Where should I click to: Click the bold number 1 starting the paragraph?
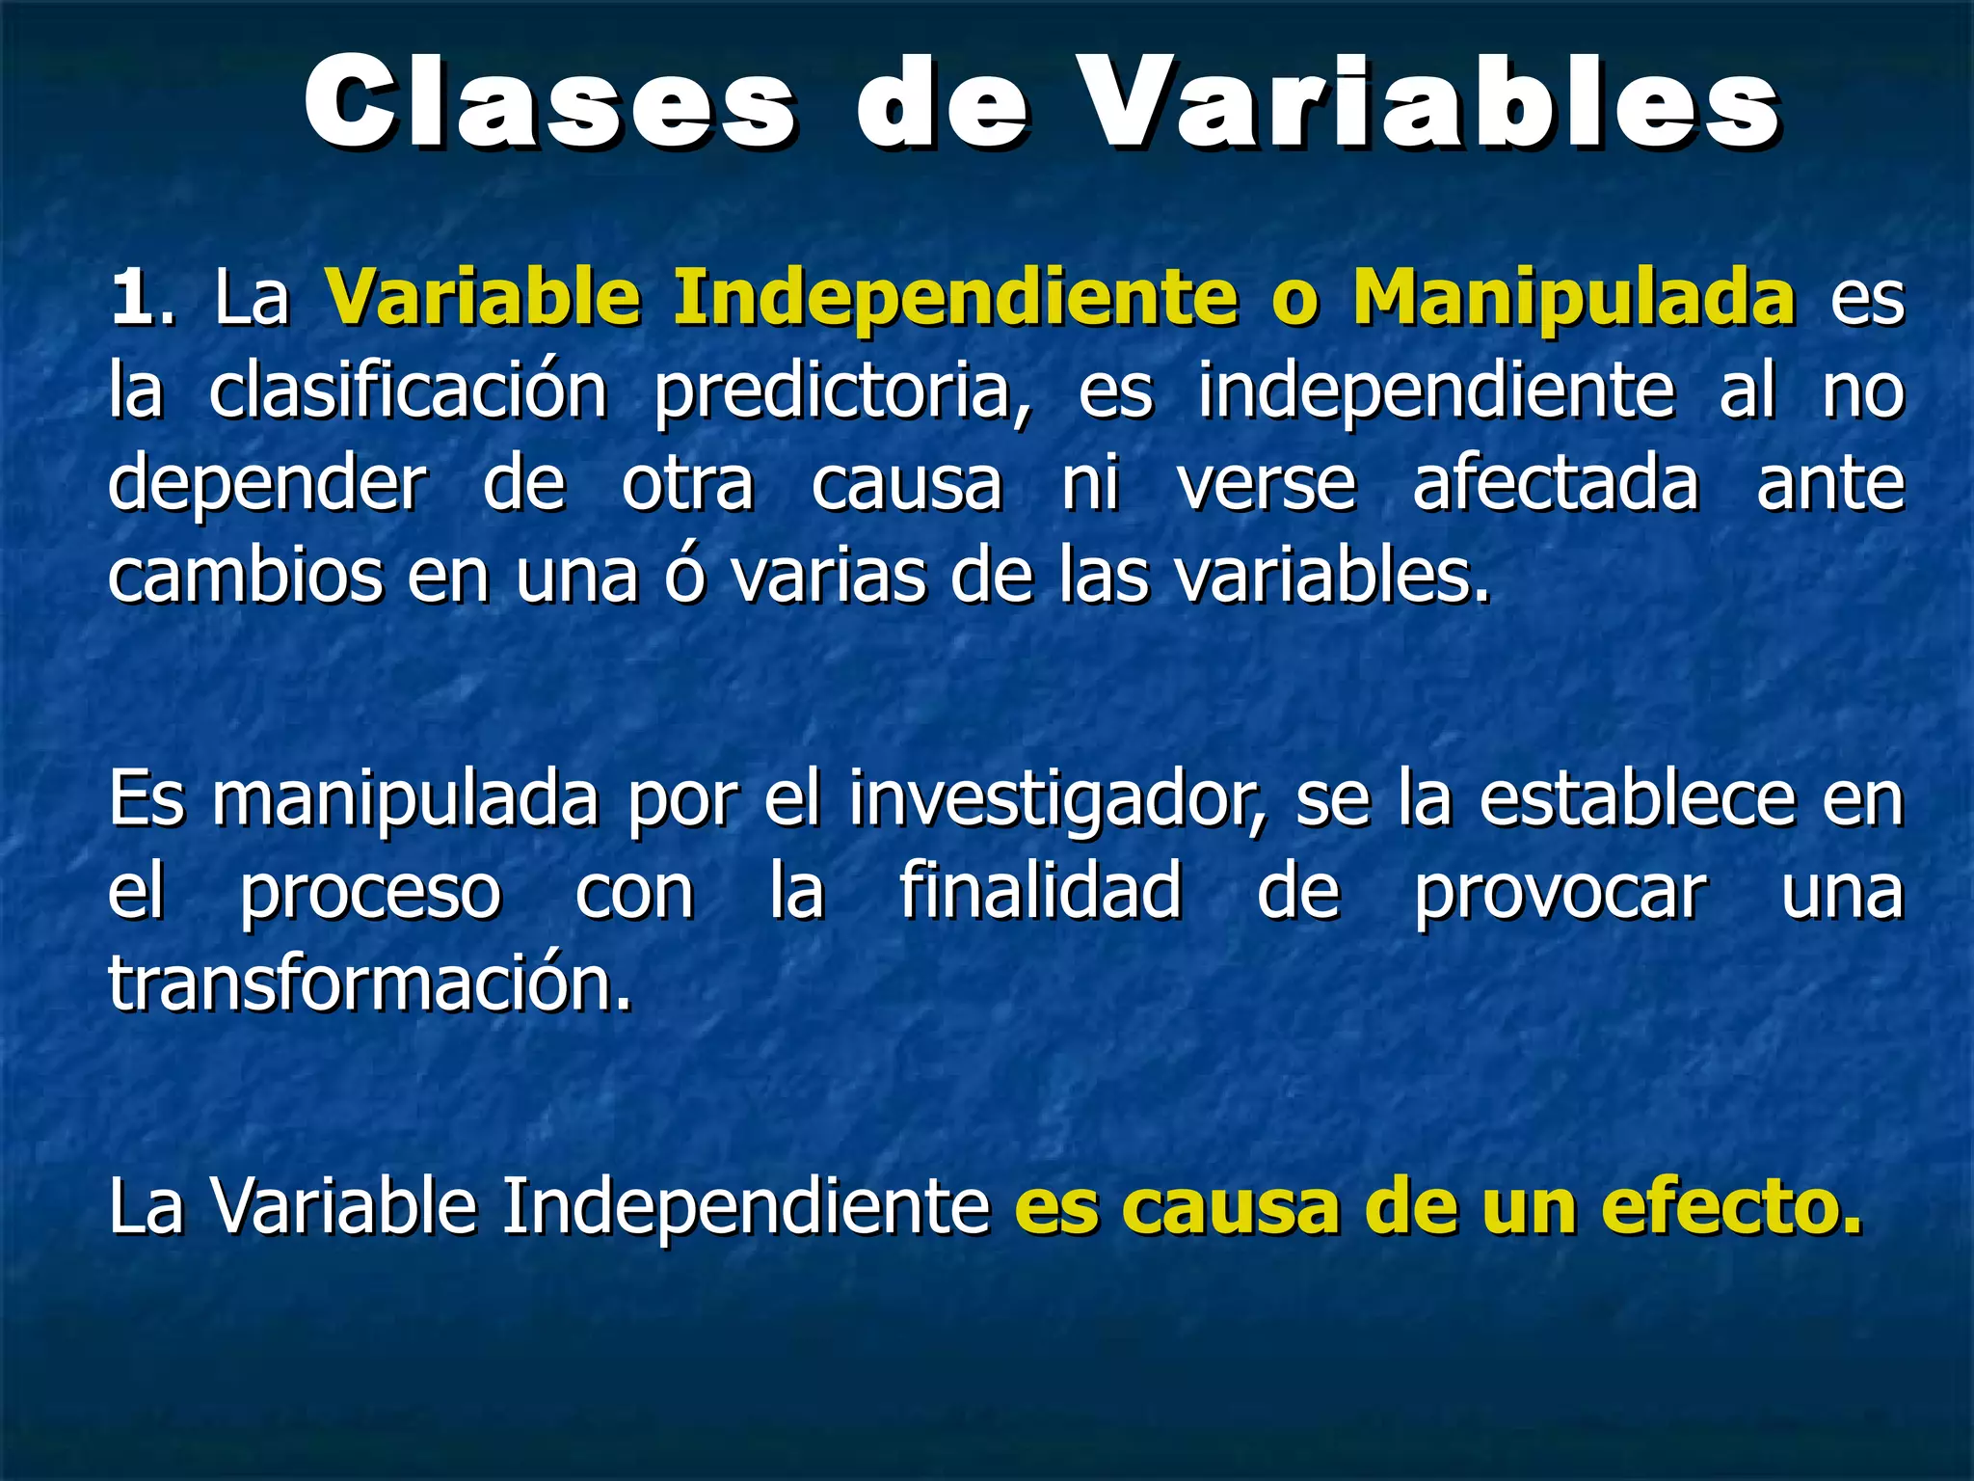[132, 299]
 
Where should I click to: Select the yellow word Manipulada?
[1573, 299]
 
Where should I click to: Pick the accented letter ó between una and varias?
[685, 576]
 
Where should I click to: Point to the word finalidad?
[1040, 892]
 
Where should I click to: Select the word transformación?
[368, 984]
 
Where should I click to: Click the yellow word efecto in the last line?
[1730, 1207]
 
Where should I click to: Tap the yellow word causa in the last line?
[1230, 1207]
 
